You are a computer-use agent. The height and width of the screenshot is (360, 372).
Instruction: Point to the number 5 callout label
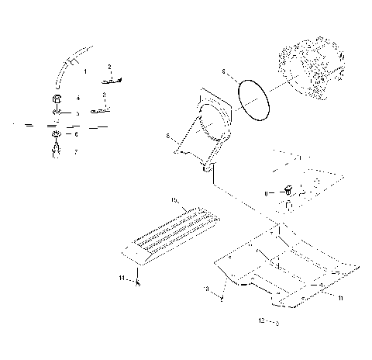click(x=76, y=114)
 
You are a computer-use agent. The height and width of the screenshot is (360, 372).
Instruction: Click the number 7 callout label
click(x=76, y=152)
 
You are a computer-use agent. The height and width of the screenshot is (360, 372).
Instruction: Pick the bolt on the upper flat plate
click(x=289, y=190)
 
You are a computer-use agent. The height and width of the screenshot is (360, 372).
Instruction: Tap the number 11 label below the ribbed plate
click(x=122, y=277)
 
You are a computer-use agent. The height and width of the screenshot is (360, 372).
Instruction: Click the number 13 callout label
click(x=207, y=288)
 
